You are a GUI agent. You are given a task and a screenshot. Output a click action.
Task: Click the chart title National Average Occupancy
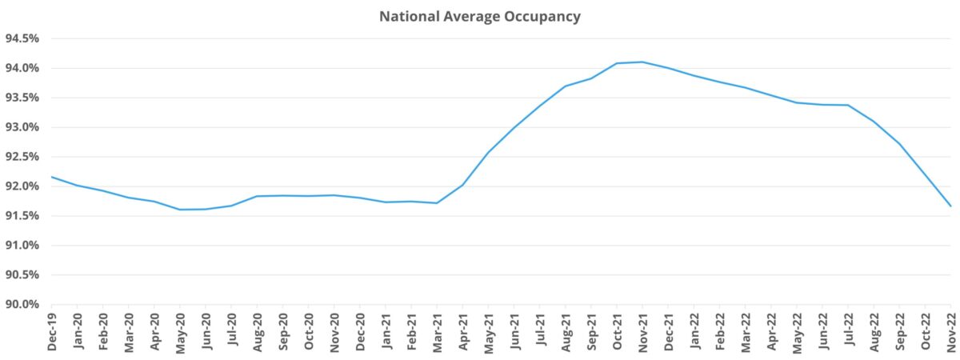click(479, 15)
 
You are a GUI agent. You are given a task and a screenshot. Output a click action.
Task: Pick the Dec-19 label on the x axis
click(51, 331)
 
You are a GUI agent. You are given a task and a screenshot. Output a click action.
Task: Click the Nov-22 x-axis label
click(950, 331)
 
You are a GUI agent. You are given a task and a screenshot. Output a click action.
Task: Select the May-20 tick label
click(180, 331)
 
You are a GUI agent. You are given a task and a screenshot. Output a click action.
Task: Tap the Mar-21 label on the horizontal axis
click(437, 331)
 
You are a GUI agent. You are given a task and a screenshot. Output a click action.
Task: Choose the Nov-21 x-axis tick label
click(642, 331)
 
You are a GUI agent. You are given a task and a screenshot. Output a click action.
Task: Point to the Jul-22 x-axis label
click(848, 331)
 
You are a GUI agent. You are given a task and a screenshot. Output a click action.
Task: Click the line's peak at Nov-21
click(642, 62)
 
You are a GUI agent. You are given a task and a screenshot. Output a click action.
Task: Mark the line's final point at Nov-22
click(950, 206)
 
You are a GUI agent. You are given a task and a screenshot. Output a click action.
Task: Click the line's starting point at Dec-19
click(51, 177)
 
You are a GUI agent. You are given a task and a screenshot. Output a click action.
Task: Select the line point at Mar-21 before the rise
click(437, 203)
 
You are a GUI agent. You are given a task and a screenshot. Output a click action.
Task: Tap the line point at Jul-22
click(848, 105)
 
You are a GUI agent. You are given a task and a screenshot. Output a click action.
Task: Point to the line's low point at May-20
click(180, 210)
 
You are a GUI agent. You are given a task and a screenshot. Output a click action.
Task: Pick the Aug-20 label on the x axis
click(257, 331)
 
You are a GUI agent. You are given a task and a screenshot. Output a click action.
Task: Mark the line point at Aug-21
click(566, 86)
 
